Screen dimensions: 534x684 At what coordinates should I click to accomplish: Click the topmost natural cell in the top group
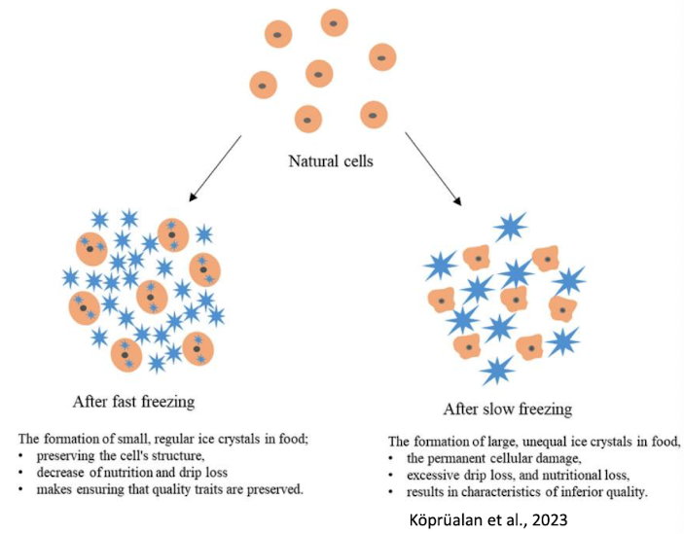[334, 22]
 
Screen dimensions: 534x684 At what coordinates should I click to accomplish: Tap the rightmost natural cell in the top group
[382, 56]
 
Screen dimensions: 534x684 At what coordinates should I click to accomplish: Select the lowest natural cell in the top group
[308, 120]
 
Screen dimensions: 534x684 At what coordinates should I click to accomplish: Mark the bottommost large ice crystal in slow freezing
[497, 370]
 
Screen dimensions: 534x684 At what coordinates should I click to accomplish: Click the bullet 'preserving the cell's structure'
[114, 454]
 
